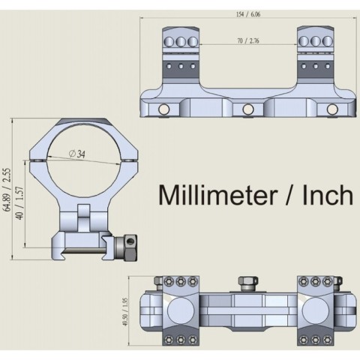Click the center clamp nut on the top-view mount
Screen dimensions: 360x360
[x=244, y=283]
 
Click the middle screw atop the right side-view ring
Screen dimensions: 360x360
[x=316, y=39]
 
